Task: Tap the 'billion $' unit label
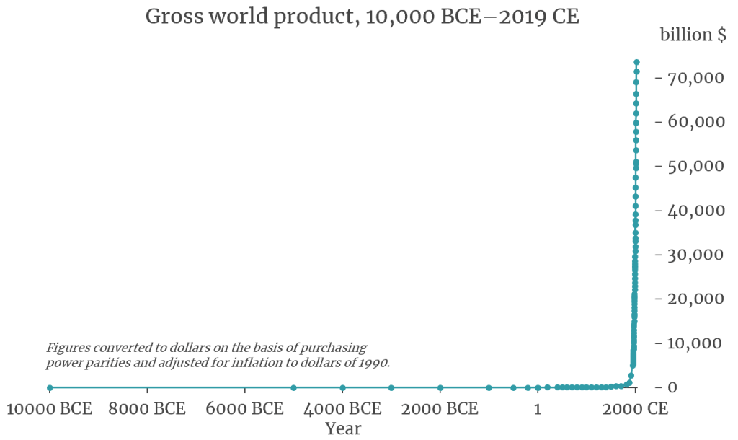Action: [x=693, y=35]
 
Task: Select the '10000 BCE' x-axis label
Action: [x=50, y=410]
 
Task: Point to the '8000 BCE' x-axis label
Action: [x=147, y=410]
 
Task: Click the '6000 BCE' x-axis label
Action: [x=245, y=410]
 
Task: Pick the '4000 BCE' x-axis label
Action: [x=342, y=410]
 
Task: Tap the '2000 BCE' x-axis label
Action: [x=440, y=410]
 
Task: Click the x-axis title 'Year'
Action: [x=342, y=428]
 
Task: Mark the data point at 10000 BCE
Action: [x=50, y=387]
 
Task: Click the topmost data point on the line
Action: [x=636, y=63]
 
